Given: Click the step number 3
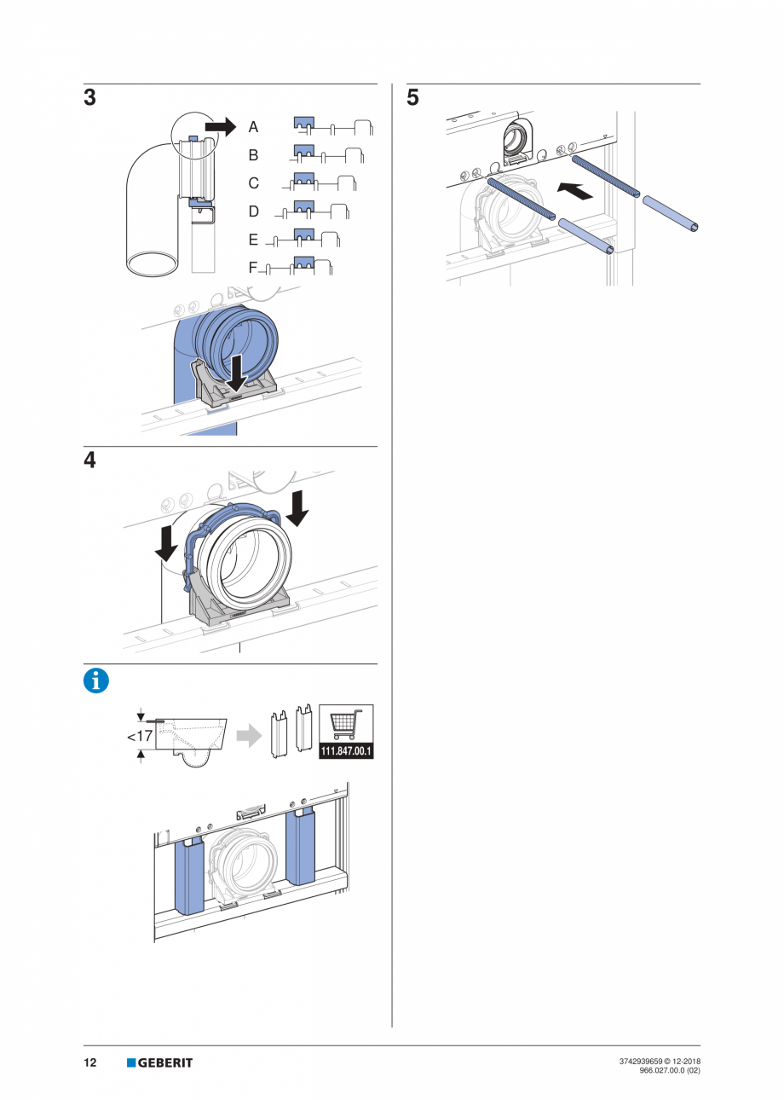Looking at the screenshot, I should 89,98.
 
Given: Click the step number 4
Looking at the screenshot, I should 89,460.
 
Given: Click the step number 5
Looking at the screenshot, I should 412,98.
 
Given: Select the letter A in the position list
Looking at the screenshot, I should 253,127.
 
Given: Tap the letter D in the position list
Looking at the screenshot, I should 253,211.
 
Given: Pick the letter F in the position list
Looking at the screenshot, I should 252,268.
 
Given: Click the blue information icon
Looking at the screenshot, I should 96,680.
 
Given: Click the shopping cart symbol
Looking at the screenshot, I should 346,725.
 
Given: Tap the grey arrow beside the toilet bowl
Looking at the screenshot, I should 248,736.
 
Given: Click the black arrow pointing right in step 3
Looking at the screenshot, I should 220,126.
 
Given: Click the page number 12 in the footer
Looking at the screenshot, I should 89,1062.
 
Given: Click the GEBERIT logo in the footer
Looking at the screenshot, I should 160,1062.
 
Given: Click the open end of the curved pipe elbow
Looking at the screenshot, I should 153,262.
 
